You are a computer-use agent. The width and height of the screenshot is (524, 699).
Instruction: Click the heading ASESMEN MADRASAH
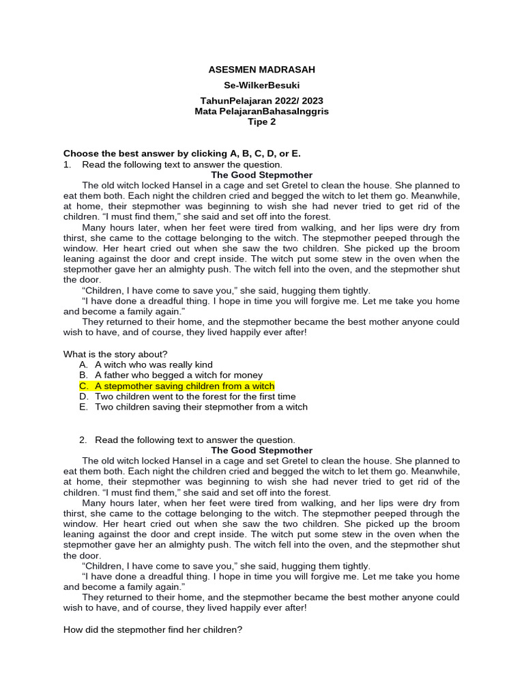[261, 70]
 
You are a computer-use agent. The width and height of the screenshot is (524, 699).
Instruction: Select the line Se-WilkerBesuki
[261, 86]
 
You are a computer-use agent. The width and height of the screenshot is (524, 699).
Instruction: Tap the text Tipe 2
[261, 122]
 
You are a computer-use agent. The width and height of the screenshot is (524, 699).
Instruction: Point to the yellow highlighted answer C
[184, 386]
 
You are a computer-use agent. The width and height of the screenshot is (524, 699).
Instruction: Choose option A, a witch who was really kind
[154, 365]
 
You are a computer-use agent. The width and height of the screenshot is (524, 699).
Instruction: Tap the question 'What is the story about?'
[115, 354]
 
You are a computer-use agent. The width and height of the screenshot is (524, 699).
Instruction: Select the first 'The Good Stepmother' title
[261, 175]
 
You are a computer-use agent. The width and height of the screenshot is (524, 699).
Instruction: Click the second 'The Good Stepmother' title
[261, 451]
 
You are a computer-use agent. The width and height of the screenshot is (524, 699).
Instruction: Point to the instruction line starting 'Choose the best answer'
[181, 154]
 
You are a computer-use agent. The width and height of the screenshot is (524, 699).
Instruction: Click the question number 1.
[67, 165]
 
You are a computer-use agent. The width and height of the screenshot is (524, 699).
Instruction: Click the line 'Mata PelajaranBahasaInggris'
[261, 111]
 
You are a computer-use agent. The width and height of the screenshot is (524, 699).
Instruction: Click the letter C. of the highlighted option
[84, 386]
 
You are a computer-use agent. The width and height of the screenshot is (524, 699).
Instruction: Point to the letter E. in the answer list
[84, 407]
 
